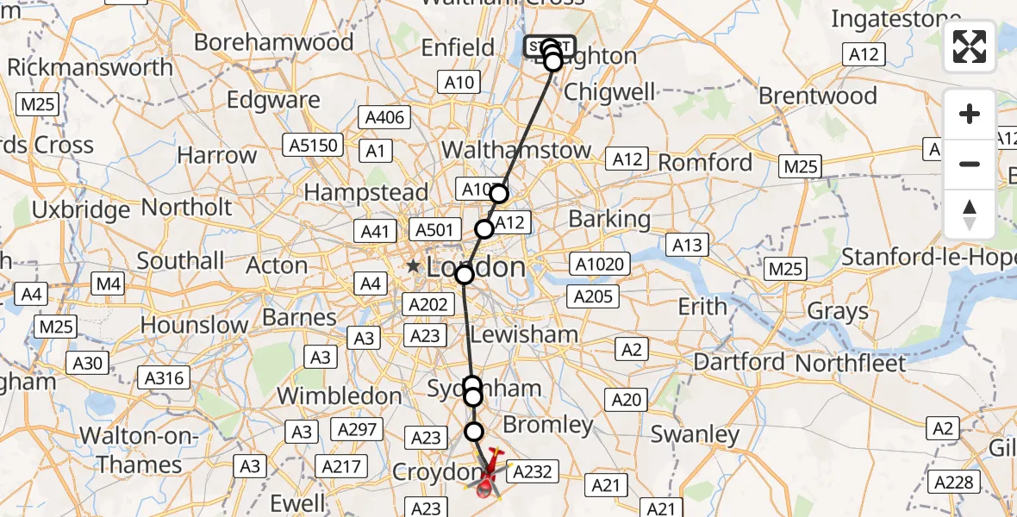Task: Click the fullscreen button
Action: click(x=970, y=47)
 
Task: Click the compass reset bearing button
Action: click(x=970, y=215)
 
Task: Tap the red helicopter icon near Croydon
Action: click(x=488, y=473)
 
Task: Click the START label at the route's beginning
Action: click(x=548, y=46)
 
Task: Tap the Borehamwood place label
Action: click(x=274, y=42)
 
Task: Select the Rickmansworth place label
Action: click(x=90, y=67)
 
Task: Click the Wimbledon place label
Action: click(x=339, y=396)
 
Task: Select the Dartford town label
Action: click(x=739, y=362)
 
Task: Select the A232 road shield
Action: click(x=533, y=471)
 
